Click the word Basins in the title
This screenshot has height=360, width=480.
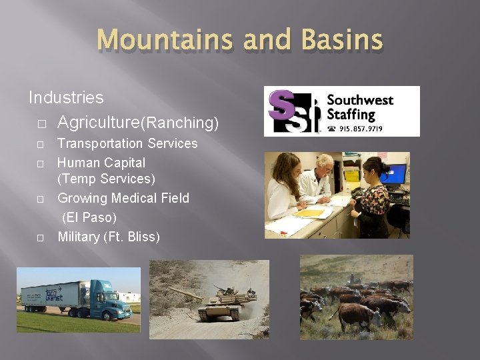(341, 40)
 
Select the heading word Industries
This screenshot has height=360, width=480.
(66, 97)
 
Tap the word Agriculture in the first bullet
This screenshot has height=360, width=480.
(97, 123)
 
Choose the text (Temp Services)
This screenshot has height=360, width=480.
(106, 179)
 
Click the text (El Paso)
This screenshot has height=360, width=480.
(89, 217)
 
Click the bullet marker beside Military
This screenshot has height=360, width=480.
(41, 237)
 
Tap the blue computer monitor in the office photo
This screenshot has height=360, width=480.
(395, 174)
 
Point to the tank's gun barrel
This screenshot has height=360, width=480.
(183, 293)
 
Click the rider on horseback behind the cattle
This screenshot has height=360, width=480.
(353, 279)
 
